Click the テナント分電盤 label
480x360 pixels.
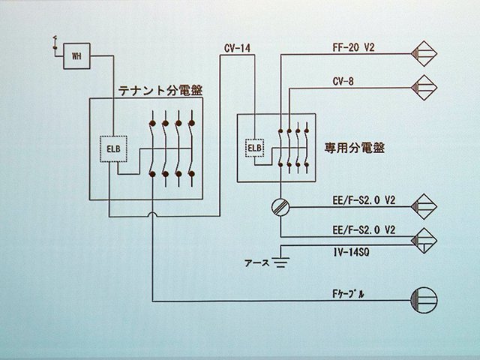point(161,91)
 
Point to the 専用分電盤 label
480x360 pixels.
point(344,148)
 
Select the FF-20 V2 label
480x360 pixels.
point(352,46)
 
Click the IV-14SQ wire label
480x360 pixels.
point(352,253)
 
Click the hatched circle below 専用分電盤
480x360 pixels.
point(281,207)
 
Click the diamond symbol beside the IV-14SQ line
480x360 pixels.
point(426,238)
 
